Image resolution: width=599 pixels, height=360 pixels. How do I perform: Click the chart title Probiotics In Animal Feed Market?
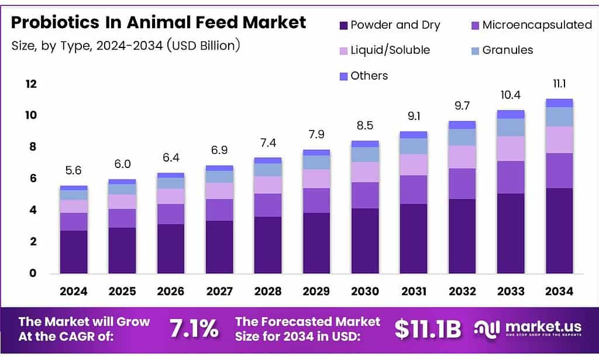[x=159, y=22]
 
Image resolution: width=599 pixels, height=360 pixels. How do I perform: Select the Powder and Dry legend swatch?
[x=343, y=25]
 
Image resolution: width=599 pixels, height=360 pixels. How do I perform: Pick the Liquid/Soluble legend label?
[x=390, y=50]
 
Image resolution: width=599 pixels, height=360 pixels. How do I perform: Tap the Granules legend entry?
[x=508, y=50]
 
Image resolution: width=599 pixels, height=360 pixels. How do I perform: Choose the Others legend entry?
[x=369, y=76]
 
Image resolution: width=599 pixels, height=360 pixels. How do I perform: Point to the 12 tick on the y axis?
[x=30, y=84]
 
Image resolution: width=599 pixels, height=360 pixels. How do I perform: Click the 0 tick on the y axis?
[x=33, y=273]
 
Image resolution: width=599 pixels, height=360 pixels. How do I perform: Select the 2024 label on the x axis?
[x=73, y=291]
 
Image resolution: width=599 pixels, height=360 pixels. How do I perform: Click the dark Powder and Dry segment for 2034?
[x=559, y=231]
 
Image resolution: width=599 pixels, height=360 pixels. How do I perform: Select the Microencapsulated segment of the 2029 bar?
[x=316, y=200]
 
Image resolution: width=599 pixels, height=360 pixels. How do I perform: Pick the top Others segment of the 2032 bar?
[x=462, y=125]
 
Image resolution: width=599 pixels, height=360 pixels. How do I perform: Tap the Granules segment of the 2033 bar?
[x=510, y=127]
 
